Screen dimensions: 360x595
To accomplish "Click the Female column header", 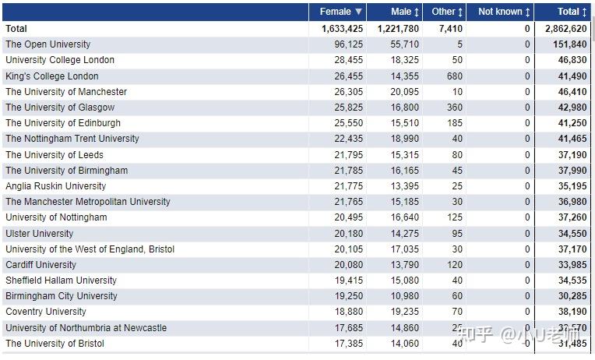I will [340, 12].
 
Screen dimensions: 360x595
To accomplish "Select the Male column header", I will [405, 12].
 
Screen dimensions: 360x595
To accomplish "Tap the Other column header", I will [447, 12].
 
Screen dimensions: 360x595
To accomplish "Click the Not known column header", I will [504, 12].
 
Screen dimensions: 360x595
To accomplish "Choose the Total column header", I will [572, 12].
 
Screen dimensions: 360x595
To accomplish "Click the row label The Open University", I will [48, 44].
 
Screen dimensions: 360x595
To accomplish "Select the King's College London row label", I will [52, 76].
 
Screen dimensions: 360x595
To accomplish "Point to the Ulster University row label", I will [40, 234].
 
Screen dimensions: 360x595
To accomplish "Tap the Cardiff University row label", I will [41, 265].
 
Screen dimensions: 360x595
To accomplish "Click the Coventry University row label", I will [46, 312].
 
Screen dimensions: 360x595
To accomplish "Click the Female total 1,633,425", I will [342, 29].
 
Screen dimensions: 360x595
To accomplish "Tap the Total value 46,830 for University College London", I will [572, 60].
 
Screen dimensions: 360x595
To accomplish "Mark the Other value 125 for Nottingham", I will [454, 217].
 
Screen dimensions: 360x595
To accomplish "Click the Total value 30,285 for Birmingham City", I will [572, 296].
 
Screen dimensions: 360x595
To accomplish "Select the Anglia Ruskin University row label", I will [55, 186].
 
